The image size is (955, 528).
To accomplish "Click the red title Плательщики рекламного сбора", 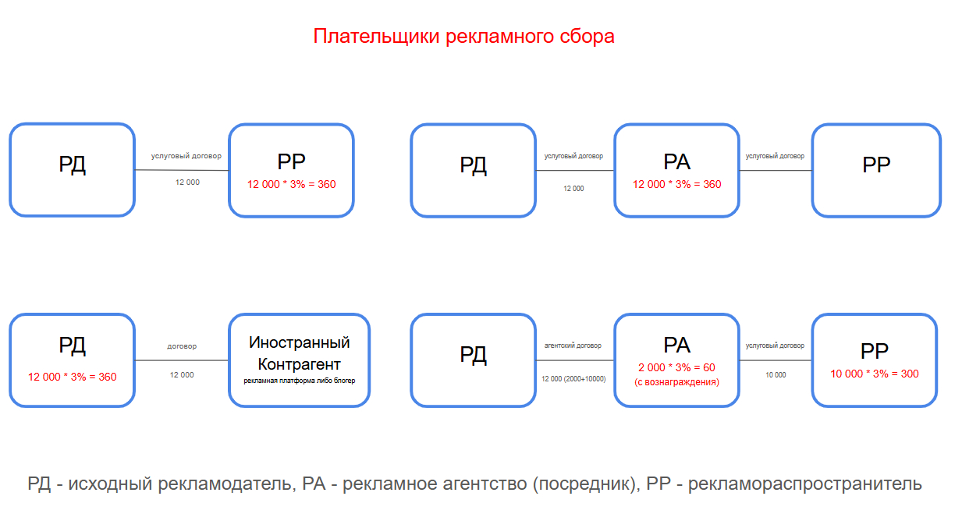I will [463, 37].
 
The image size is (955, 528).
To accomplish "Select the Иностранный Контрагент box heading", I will [299, 353].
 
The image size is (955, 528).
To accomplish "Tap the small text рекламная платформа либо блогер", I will [299, 381].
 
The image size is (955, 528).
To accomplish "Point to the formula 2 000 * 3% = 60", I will [676, 367].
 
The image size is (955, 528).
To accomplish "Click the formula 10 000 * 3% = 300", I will [874, 374].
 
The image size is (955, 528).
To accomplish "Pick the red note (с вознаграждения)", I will [676, 382].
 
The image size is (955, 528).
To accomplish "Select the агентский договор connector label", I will [573, 346].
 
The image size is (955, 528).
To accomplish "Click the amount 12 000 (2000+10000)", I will [573, 378].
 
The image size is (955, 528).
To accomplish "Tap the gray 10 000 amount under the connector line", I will [776, 375].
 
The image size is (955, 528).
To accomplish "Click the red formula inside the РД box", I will [72, 377].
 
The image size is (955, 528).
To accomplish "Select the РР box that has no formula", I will [875, 170].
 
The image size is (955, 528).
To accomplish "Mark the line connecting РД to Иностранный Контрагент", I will [182, 360].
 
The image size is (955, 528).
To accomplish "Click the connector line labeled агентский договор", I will [575, 360].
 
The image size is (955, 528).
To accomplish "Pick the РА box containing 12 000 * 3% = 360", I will [676, 170].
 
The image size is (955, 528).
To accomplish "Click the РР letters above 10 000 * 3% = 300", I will [874, 351].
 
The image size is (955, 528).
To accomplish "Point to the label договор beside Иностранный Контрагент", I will [182, 346].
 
